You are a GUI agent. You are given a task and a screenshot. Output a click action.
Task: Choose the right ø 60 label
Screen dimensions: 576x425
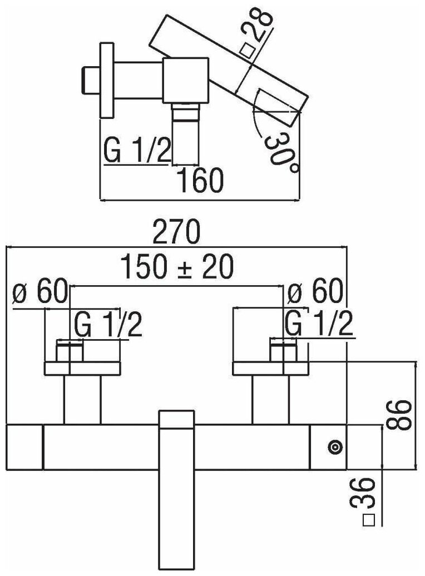(315, 293)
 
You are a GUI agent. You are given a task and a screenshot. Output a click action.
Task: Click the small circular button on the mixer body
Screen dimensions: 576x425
(335, 447)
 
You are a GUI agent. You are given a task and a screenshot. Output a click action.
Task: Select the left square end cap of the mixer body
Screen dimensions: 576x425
(24, 447)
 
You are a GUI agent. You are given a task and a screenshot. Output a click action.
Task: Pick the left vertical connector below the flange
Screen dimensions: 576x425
(82, 400)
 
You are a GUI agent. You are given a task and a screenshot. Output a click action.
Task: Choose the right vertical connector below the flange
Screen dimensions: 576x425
(271, 400)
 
